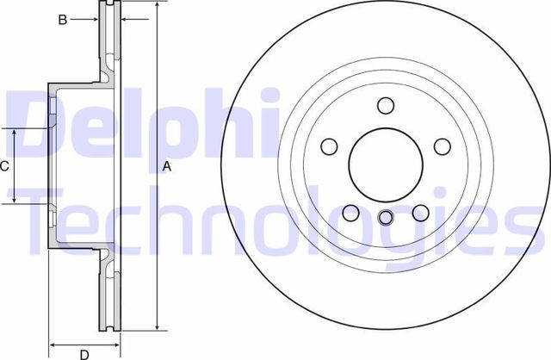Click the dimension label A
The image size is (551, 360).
tap(169, 168)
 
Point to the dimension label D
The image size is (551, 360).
tap(84, 354)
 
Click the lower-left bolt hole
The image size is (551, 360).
tap(350, 212)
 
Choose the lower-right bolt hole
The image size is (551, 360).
tap(420, 212)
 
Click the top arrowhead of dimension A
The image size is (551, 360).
tap(158, 8)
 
